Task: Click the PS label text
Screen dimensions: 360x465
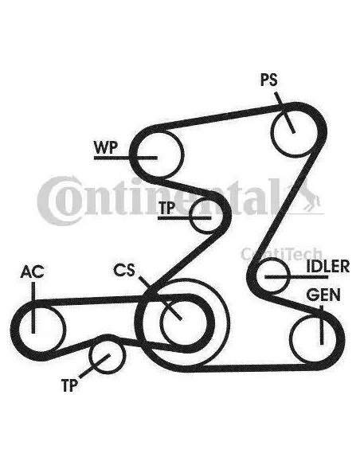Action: [269, 80]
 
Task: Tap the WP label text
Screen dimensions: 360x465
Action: [106, 147]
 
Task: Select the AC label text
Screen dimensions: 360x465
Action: [33, 272]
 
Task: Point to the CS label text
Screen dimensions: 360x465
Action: [124, 270]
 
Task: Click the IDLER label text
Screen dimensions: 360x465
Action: [328, 266]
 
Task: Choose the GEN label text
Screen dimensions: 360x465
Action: [323, 295]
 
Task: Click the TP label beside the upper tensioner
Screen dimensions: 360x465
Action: [166, 208]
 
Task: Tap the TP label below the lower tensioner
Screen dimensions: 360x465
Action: [69, 385]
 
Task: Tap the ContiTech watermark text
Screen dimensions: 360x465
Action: [281, 253]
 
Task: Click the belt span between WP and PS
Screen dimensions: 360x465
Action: [220, 117]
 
